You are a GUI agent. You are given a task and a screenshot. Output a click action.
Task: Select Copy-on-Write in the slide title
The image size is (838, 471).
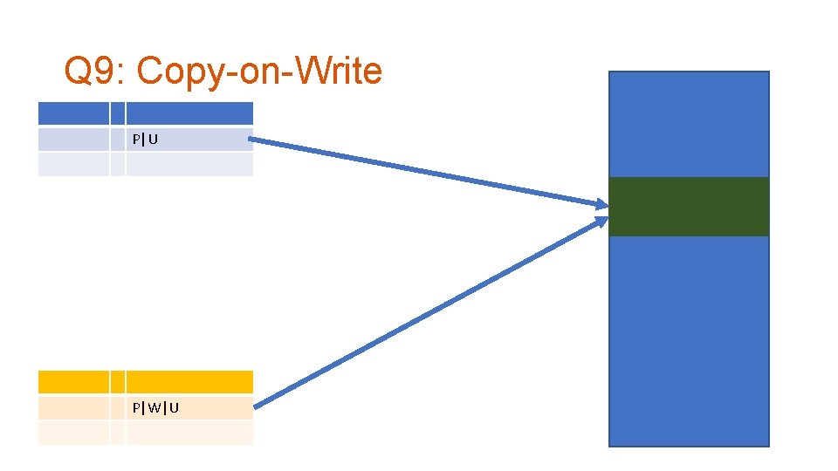tap(259, 72)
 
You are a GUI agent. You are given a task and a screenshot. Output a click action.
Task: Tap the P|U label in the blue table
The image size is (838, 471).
tap(145, 139)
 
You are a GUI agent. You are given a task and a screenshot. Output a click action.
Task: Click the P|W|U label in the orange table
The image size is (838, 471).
tap(155, 407)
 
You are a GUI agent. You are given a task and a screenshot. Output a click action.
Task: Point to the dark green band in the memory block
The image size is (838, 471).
tap(688, 207)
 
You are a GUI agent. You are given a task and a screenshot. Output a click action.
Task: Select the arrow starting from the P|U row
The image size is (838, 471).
tap(428, 171)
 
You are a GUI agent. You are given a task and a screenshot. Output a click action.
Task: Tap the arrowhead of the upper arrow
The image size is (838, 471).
tap(601, 206)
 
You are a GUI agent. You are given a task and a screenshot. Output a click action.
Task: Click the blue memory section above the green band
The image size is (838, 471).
tap(688, 124)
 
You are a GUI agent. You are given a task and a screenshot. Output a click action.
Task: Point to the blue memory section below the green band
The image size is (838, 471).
tap(688, 340)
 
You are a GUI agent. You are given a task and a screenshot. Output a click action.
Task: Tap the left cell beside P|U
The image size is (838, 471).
tap(73, 140)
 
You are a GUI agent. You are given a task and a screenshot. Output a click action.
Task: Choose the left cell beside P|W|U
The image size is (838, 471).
tap(73, 408)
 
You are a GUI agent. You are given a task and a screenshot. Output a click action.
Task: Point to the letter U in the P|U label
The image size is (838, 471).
tap(153, 139)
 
